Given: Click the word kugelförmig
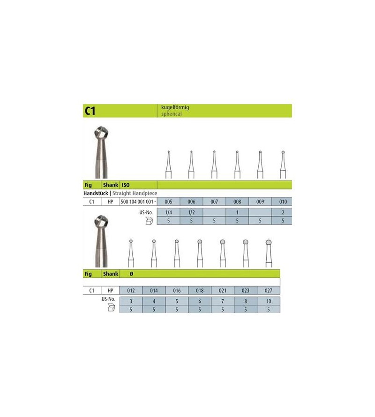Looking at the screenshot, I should (x=172, y=107).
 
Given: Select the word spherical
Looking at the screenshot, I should (x=169, y=114).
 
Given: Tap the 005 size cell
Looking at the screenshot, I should (x=169, y=201).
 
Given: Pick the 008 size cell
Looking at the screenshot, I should (x=237, y=201).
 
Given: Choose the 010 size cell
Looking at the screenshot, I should (x=282, y=201).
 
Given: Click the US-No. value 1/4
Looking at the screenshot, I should (x=169, y=212).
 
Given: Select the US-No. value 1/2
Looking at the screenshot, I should (x=191, y=212).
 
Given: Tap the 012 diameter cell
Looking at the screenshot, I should (x=131, y=290).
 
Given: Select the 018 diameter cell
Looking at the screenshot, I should (x=200, y=290).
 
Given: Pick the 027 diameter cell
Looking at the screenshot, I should (x=269, y=290).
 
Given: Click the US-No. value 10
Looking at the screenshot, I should (x=269, y=301).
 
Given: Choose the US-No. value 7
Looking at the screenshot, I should (x=223, y=301).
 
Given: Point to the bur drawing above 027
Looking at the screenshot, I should (x=269, y=253).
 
